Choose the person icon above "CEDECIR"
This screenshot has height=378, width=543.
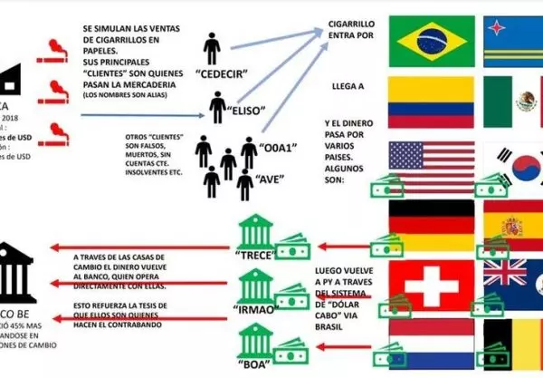tap(214, 48)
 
